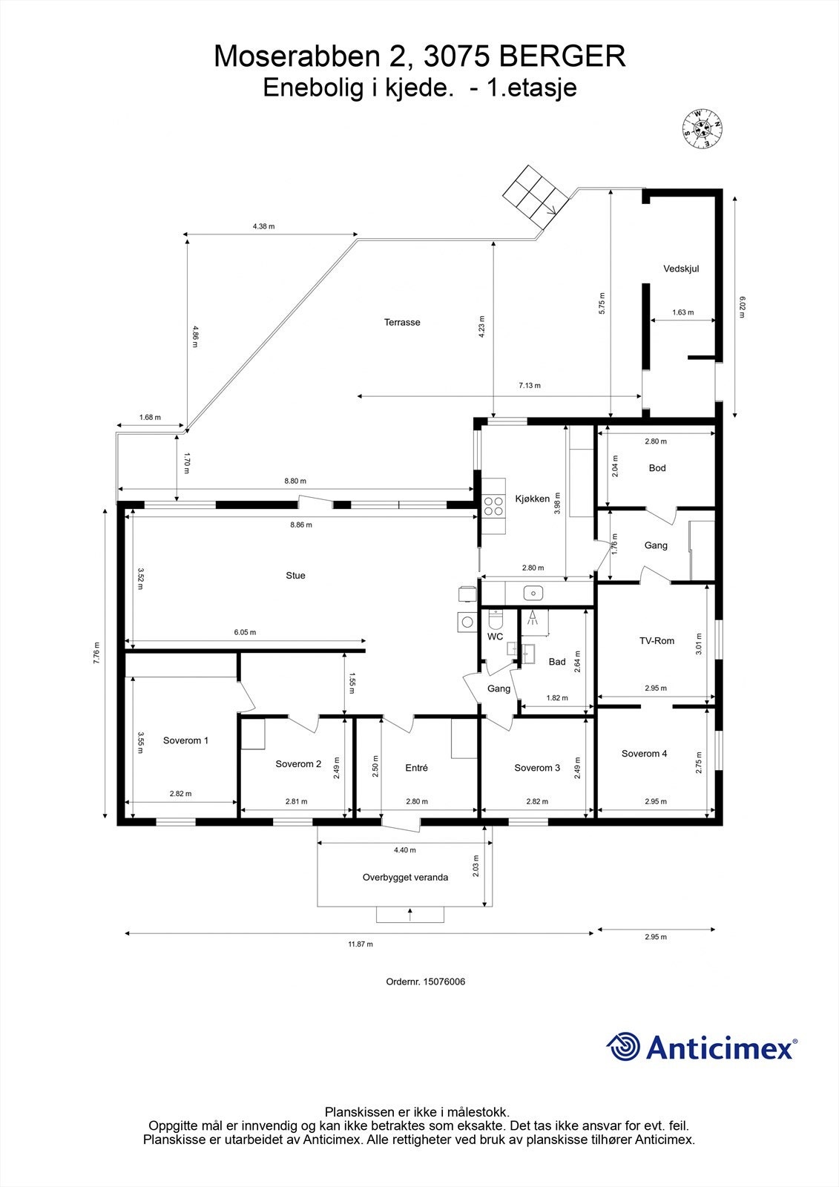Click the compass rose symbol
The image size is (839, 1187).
703,129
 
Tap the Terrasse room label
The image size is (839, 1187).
402,322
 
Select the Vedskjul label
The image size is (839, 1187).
681,269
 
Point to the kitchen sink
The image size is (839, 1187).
533,593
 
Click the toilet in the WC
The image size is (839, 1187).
496,619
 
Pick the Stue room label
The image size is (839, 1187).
295,576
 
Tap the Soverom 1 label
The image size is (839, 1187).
185,740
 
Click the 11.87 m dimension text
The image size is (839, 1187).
361,944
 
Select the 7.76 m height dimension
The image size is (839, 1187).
96,653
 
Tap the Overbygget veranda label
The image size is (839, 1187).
406,877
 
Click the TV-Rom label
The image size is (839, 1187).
657,641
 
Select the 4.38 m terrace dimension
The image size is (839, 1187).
263,226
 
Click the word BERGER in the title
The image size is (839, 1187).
563,56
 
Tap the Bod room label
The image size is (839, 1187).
657,468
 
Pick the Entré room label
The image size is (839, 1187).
416,767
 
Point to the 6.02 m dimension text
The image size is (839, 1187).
742,307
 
